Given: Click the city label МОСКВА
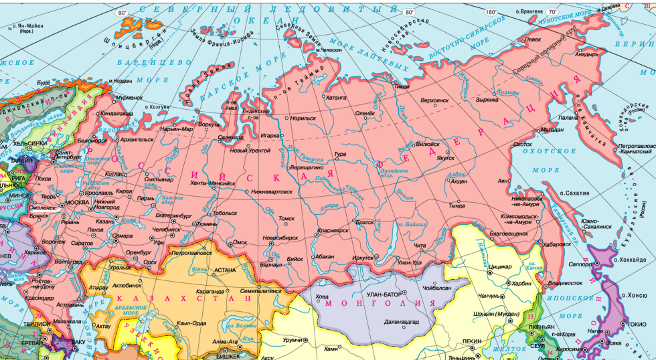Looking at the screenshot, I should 76,203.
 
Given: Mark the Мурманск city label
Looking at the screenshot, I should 129,97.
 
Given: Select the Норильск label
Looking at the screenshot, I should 303,118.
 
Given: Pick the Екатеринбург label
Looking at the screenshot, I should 175,215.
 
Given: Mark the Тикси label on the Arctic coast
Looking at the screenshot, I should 401,86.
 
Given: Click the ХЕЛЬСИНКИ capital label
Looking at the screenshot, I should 29,143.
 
